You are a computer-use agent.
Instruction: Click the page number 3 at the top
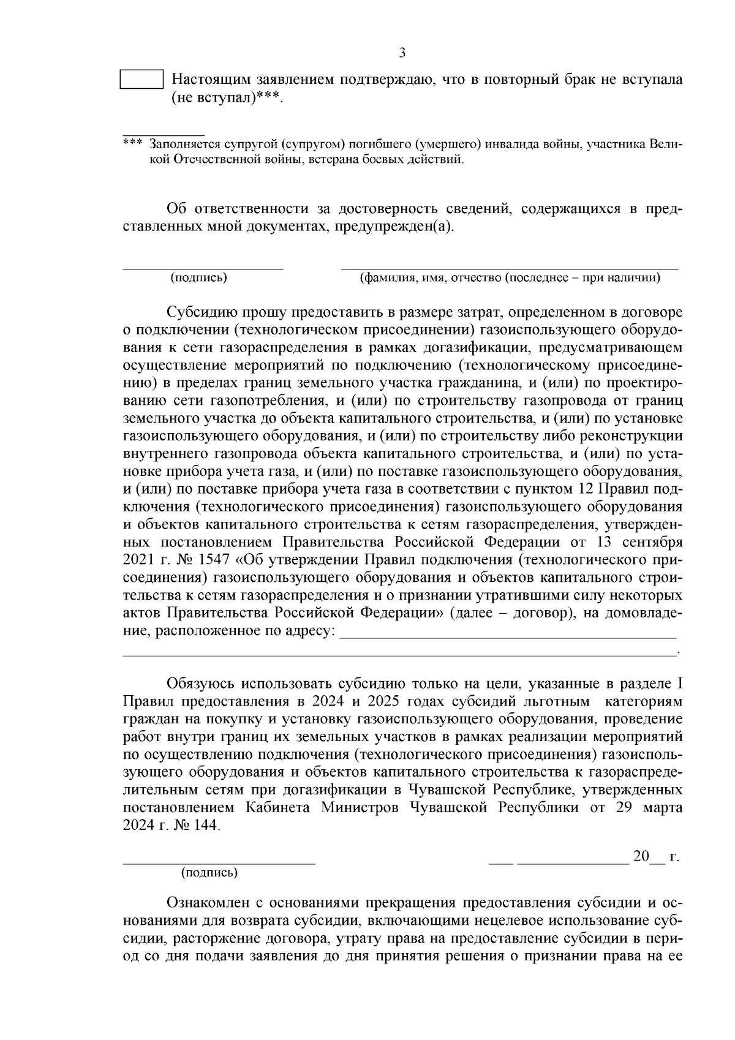click(x=402, y=53)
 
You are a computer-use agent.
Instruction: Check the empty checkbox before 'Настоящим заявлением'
click(x=141, y=80)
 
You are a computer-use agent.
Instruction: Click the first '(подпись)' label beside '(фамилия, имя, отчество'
click(x=199, y=278)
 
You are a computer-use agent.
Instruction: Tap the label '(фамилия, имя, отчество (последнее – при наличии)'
click(x=510, y=278)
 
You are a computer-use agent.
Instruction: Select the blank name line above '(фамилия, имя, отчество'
click(x=509, y=268)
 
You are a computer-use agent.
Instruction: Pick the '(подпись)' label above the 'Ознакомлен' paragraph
click(x=209, y=873)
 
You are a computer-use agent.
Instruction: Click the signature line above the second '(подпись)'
click(x=219, y=863)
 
